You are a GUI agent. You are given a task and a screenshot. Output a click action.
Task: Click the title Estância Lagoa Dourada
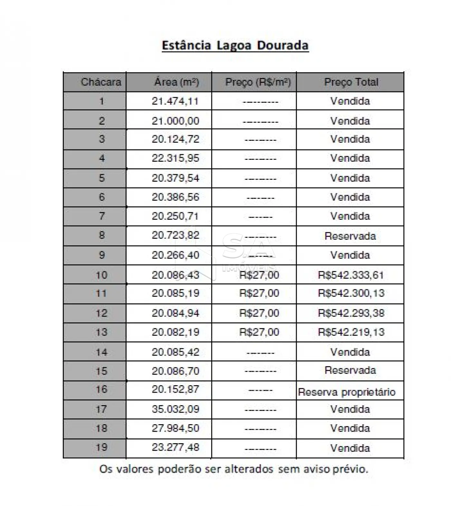click(235, 45)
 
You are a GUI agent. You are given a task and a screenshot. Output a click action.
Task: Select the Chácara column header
click(101, 82)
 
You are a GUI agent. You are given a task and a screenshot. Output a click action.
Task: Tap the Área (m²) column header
click(176, 82)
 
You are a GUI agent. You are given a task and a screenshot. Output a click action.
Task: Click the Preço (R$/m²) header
click(258, 82)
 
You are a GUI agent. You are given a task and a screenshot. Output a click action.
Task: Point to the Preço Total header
click(351, 82)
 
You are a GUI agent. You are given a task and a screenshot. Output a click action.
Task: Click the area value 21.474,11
click(175, 101)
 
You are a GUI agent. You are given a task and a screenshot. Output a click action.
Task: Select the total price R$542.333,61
click(351, 275)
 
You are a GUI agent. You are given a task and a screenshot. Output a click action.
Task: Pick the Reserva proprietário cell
click(347, 392)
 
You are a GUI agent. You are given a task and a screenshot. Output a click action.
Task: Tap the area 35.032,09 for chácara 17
click(175, 409)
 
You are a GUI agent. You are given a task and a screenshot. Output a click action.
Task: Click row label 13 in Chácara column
click(101, 332)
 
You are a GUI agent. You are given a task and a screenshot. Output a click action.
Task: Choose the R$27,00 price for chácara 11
click(259, 293)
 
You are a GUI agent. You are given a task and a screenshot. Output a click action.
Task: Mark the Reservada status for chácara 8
click(350, 236)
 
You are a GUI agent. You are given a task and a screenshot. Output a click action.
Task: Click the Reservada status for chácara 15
click(350, 370)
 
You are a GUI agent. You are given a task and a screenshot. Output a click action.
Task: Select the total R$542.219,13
click(351, 332)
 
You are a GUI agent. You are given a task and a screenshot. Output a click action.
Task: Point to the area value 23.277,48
click(175, 447)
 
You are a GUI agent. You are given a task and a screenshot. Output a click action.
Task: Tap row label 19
click(101, 447)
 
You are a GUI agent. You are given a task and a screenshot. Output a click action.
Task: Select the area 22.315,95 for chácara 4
click(175, 158)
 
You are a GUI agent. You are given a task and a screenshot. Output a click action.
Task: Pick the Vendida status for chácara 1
click(350, 101)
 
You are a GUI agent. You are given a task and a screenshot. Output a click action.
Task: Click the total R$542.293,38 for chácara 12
click(351, 313)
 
